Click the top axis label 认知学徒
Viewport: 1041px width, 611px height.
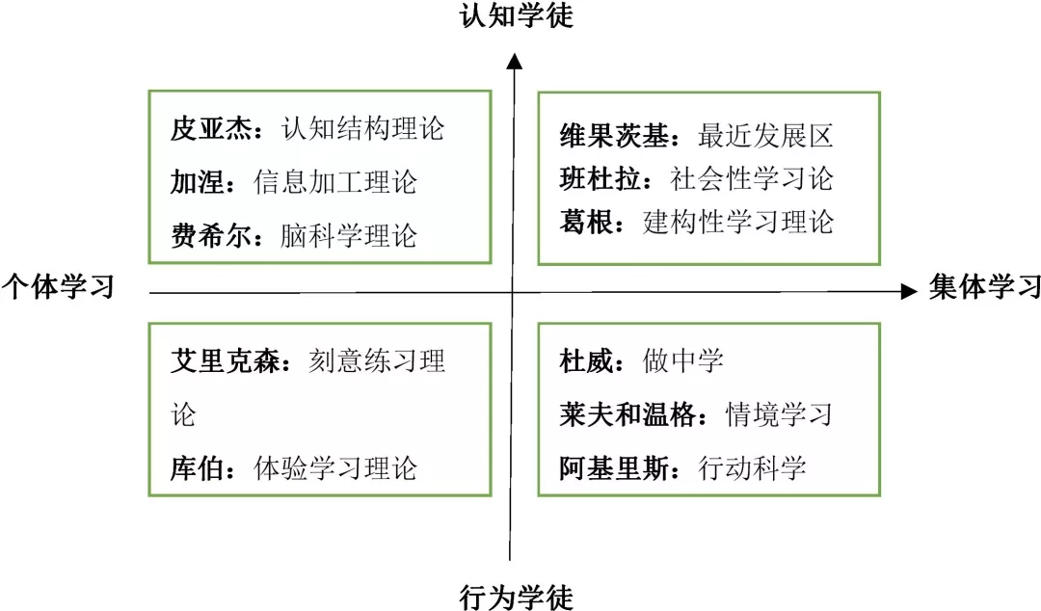click(516, 16)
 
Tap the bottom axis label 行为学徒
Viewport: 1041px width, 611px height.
click(516, 598)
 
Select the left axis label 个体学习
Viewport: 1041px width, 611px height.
click(58, 286)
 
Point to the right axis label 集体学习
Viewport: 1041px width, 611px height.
click(984, 287)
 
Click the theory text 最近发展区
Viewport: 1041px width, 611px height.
click(765, 136)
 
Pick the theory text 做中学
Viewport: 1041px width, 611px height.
click(683, 361)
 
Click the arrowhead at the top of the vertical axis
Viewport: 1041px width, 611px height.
click(515, 62)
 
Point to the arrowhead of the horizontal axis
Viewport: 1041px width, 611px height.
click(908, 291)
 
